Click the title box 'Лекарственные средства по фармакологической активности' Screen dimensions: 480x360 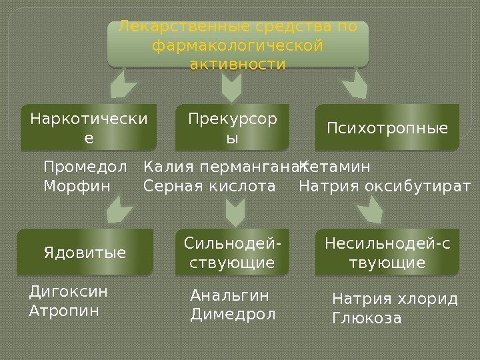238,45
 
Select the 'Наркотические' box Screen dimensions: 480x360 89,127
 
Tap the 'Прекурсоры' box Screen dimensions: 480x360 233,127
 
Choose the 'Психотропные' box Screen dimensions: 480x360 387,127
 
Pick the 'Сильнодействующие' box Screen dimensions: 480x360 233,252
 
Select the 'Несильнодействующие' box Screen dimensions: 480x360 387,252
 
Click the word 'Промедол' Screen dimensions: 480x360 85,166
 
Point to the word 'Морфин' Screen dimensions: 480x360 77,184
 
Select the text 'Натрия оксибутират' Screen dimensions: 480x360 385,185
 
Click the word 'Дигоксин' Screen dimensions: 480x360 69,291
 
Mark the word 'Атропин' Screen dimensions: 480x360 64,310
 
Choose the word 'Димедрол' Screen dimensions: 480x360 233,313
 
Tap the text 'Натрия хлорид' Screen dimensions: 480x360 395,299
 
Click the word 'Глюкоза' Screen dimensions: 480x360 367,317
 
